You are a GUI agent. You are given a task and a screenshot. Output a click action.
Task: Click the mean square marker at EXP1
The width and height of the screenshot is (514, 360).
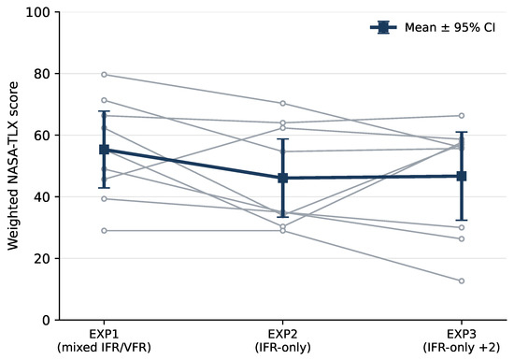click(104, 150)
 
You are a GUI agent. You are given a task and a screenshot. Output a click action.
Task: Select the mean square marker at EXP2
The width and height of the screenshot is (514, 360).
click(283, 179)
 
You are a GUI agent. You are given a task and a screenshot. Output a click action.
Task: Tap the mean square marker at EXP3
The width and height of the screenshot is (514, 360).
click(462, 176)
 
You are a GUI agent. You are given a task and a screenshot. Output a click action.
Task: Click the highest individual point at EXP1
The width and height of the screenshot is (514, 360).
click(104, 75)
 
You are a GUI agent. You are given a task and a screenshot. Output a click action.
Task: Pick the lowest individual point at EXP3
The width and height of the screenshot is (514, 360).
click(462, 281)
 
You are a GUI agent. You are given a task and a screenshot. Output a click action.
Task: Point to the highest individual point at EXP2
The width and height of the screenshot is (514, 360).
click(283, 104)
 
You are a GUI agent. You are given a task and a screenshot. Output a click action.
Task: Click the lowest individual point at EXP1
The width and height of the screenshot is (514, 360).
click(104, 231)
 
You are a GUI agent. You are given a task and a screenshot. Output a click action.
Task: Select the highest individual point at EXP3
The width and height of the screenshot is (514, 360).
click(462, 116)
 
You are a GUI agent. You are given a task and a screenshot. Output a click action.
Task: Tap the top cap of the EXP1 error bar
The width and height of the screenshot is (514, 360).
click(104, 111)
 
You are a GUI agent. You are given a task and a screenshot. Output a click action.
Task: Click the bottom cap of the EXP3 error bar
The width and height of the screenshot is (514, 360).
click(462, 220)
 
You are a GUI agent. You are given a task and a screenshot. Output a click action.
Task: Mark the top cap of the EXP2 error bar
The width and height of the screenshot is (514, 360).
click(283, 139)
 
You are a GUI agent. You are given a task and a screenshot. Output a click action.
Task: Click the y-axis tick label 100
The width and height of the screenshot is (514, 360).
click(38, 12)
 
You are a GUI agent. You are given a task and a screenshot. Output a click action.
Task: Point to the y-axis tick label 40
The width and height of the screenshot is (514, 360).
click(42, 197)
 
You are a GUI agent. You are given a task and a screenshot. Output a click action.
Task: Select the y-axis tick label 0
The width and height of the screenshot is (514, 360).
click(46, 321)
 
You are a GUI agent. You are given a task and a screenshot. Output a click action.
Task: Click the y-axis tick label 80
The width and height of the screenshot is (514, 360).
click(42, 74)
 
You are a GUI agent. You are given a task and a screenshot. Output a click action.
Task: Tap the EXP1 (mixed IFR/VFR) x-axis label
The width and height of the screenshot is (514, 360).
click(104, 341)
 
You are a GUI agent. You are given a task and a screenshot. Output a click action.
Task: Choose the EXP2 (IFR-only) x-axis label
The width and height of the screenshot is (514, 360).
click(283, 341)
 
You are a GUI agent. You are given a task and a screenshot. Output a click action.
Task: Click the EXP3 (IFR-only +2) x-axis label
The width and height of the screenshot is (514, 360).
click(462, 341)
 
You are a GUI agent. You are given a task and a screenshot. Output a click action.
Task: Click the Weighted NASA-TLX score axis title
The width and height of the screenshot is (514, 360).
click(12, 166)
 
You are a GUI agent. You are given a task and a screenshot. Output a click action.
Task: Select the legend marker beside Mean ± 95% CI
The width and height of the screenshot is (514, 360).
click(383, 27)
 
